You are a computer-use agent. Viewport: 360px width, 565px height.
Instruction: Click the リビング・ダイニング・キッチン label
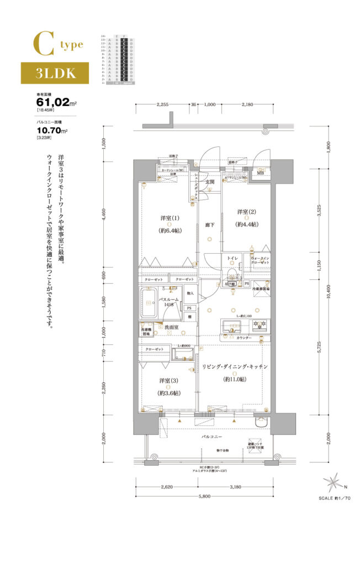pyautogui.click(x=235, y=367)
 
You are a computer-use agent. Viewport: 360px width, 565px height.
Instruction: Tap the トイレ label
pyautogui.click(x=232, y=258)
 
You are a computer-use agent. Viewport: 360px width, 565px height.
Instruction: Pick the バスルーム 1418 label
pyautogui.click(x=168, y=302)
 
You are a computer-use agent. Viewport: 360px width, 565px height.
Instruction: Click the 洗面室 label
pyautogui.click(x=170, y=328)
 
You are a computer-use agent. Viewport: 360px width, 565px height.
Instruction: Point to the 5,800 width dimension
pyautogui.click(x=204, y=497)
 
